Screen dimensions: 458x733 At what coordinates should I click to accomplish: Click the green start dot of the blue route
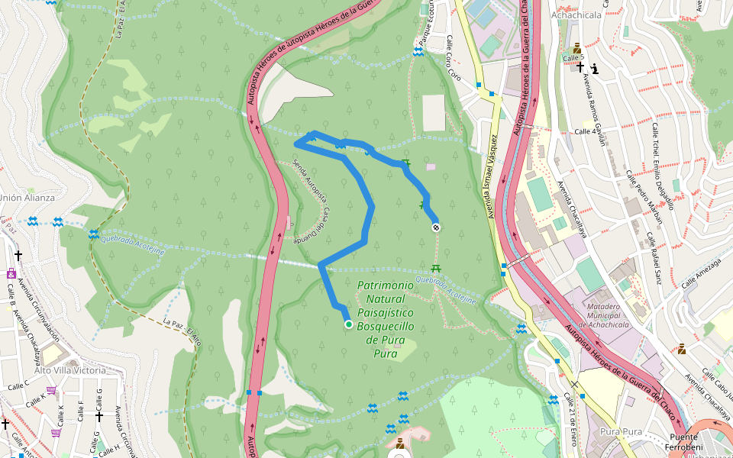(349, 324)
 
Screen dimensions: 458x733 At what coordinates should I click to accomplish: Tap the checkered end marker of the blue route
(436, 227)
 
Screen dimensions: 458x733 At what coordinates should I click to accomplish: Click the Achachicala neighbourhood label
(576, 15)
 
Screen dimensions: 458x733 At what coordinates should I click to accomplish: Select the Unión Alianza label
(26, 197)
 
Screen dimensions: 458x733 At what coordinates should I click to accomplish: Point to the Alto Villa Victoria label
(70, 370)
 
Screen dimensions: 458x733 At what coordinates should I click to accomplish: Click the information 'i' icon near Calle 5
(595, 69)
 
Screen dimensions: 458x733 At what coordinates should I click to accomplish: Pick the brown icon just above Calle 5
(576, 47)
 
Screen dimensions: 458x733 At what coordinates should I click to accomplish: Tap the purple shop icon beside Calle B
(11, 273)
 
